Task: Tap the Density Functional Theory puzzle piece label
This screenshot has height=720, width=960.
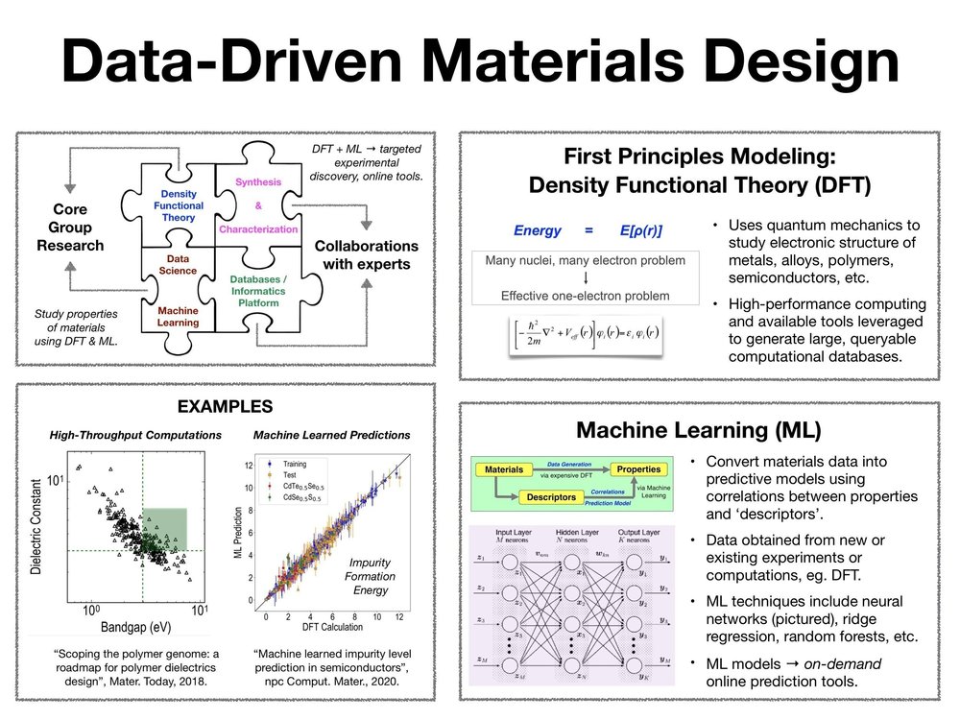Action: tap(179, 205)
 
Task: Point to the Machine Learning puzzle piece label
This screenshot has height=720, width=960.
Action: tap(179, 316)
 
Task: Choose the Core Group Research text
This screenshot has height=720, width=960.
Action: tap(69, 228)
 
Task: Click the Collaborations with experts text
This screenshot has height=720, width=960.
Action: tap(367, 254)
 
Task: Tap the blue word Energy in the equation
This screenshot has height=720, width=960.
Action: tap(539, 230)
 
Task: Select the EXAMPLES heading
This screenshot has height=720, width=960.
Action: tap(230, 406)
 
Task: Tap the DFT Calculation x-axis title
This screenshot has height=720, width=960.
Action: tap(333, 627)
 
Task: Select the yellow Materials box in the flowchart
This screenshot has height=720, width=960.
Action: tap(504, 469)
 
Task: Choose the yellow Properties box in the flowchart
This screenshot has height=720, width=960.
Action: tap(638, 469)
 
